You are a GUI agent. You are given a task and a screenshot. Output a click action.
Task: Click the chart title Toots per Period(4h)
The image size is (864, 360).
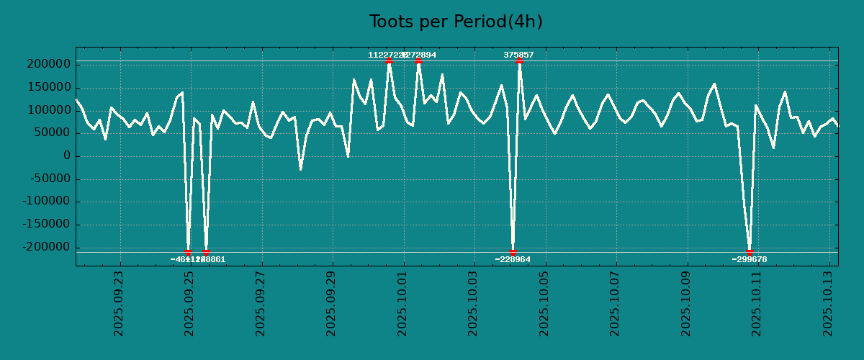pyautogui.click(x=456, y=22)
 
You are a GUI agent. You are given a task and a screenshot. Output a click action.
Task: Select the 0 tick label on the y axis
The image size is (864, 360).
pyautogui.click(x=67, y=156)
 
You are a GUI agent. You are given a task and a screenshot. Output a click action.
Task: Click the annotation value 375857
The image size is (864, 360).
pyautogui.click(x=518, y=55)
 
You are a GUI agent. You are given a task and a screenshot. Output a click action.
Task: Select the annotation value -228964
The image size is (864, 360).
pyautogui.click(x=513, y=259)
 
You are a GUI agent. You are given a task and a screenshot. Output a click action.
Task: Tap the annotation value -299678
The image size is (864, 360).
pyautogui.click(x=750, y=259)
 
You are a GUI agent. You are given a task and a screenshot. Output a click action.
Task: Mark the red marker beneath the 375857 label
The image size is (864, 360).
pyautogui.click(x=519, y=61)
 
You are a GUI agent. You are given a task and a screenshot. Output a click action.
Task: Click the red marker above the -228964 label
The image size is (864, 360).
pyautogui.click(x=513, y=252)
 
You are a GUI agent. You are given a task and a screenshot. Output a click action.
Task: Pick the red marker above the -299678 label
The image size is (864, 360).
pyautogui.click(x=750, y=252)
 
